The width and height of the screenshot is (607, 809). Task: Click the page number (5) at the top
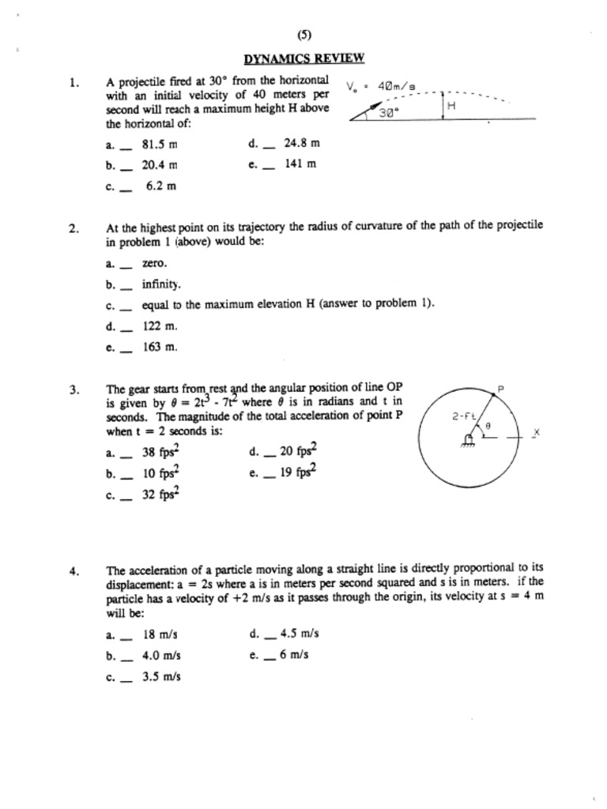coord(304,34)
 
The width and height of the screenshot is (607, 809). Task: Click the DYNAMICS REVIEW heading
coord(304,58)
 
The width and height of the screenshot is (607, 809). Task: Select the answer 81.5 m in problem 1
coord(159,145)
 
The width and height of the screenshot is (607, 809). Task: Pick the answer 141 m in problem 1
coord(300,164)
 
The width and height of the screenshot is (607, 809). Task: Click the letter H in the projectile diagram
coord(452,104)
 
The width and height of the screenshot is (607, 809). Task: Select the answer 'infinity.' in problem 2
coord(161,284)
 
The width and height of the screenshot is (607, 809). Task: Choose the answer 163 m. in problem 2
coord(160,346)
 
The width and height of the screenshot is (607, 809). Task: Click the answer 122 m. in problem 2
coord(160,325)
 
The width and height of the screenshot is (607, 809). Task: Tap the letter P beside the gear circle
coord(500,389)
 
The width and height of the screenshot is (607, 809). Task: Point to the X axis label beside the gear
coord(536,433)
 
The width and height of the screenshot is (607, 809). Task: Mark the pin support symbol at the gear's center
coord(469,440)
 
